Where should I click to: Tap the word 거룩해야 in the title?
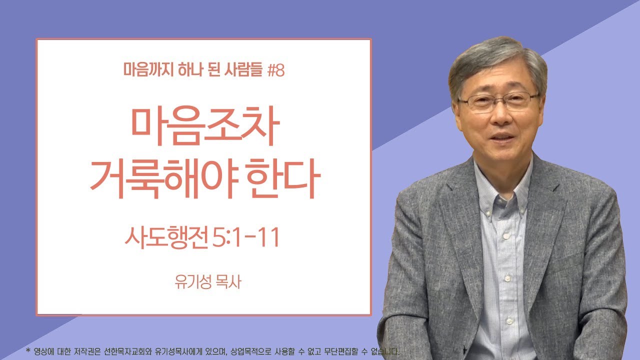coord(162,179)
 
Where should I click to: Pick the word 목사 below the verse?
coord(227,282)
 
